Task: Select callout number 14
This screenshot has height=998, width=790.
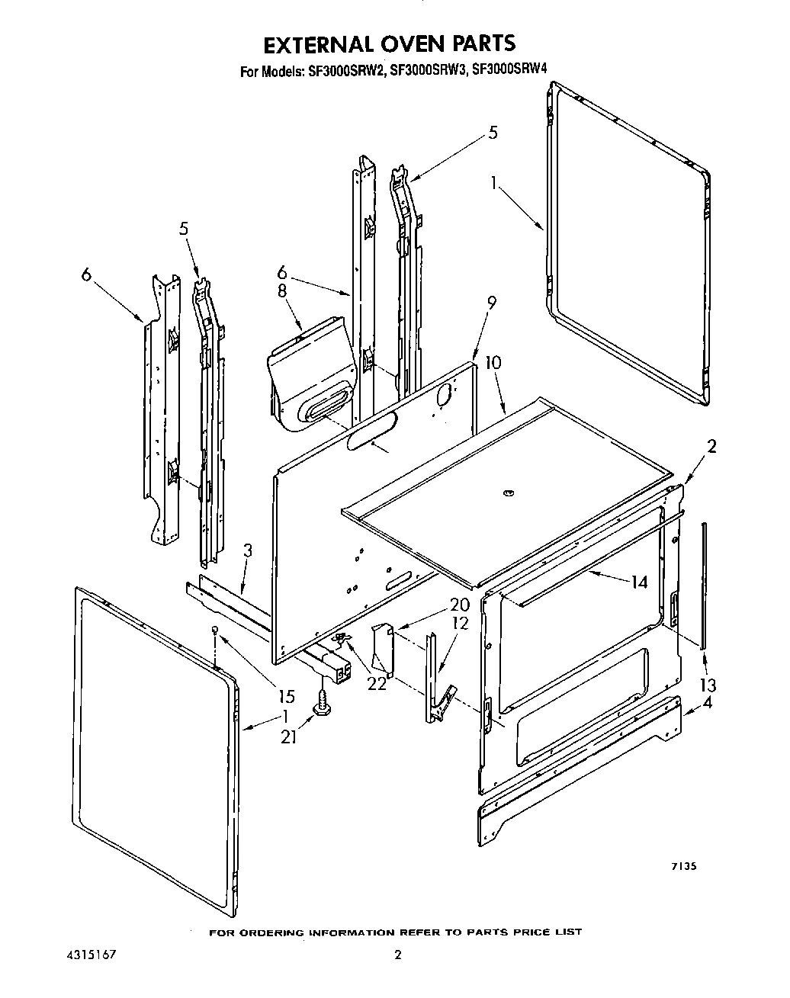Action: click(x=639, y=582)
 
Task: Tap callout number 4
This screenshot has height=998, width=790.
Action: click(x=708, y=703)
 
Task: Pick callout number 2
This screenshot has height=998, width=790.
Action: click(x=711, y=448)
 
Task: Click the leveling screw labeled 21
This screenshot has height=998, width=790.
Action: click(x=322, y=701)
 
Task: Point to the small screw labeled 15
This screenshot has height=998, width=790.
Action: click(x=217, y=628)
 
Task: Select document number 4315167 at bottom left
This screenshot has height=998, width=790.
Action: click(x=85, y=954)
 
